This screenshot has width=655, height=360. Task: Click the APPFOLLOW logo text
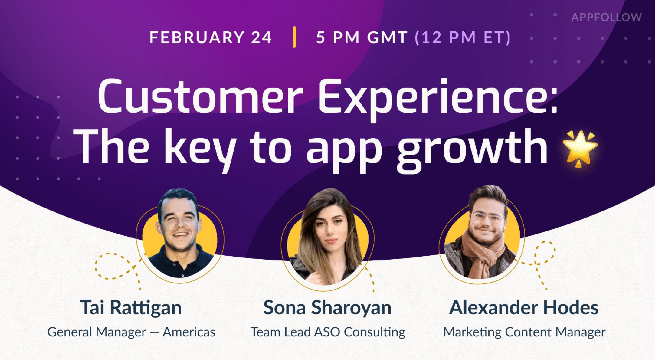click(606, 17)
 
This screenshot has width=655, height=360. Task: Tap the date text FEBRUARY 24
click(210, 37)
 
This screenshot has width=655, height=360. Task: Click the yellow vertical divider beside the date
click(294, 37)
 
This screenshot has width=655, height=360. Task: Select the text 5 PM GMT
click(361, 37)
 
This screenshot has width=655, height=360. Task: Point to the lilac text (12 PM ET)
click(463, 37)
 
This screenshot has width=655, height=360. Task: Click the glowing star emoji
click(580, 148)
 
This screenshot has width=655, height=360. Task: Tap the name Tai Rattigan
click(131, 308)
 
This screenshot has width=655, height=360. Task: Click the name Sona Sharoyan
click(327, 308)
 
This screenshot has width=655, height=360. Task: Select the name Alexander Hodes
click(524, 308)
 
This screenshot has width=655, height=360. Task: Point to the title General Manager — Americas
click(131, 332)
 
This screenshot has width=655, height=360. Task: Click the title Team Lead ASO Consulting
click(327, 332)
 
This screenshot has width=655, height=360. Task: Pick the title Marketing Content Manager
click(524, 332)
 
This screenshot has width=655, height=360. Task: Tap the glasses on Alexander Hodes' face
click(486, 218)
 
